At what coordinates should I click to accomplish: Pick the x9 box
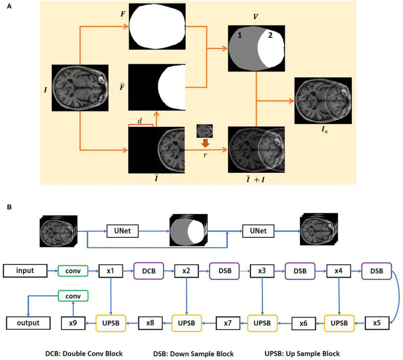(x=73, y=323)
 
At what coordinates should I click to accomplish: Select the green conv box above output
(x=73, y=296)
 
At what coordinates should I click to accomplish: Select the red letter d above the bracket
(x=140, y=120)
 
